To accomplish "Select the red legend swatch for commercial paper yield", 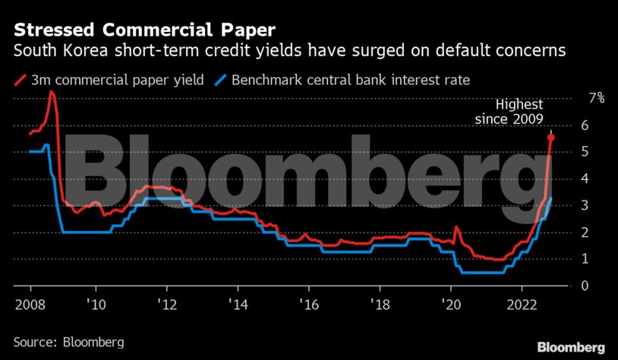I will point(20,79).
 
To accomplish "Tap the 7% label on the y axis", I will point(597,97).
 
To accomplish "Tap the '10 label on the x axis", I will point(95,303).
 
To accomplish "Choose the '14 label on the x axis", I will point(237,303).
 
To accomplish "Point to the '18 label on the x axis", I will point(380,303).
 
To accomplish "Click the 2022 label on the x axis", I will point(522,303).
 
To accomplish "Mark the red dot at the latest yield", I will point(551,137).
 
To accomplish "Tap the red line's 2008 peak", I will point(51,92).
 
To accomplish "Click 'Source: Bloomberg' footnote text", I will point(68,339).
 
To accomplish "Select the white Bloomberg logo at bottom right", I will point(572,346).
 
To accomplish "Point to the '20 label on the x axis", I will point(450,303).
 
